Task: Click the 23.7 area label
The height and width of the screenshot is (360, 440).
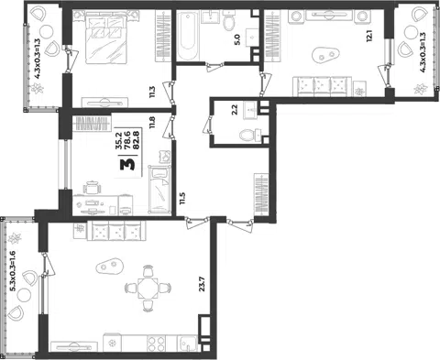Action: point(202,284)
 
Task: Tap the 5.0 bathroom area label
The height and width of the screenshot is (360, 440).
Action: point(237,39)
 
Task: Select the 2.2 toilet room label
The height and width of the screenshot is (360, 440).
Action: point(235,110)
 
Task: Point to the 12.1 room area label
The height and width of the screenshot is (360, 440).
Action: point(369,36)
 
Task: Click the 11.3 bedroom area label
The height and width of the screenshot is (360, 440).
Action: point(152,92)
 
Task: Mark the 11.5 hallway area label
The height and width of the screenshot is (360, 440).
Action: point(182,198)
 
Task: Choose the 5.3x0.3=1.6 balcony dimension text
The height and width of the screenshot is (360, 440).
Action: point(13,276)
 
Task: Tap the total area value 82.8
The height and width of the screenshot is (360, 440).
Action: point(137,140)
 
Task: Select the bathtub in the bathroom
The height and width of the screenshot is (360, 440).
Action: point(187,36)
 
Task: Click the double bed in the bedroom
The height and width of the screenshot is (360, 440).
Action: point(105,38)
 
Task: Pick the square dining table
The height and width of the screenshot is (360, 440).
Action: point(148,289)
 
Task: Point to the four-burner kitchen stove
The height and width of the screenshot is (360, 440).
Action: point(156,344)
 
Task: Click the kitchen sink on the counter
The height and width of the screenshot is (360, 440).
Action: point(188,344)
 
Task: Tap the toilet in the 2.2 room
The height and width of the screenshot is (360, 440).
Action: point(249,136)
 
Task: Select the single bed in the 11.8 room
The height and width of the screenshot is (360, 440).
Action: point(159,190)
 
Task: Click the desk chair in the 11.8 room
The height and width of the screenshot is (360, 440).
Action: point(92,187)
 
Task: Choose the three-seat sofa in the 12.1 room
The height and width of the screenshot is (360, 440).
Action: point(322,86)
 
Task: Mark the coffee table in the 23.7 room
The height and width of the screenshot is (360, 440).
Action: point(110,267)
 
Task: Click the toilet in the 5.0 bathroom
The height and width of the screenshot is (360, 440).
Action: point(228,21)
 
